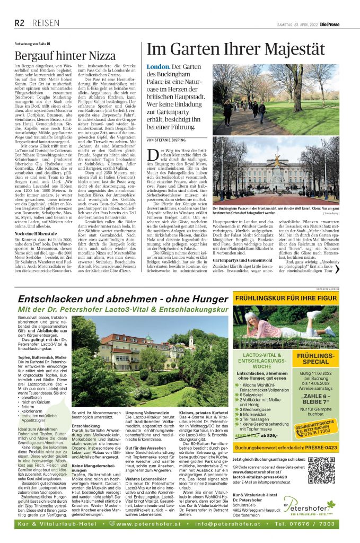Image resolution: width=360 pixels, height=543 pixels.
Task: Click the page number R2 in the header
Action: point(19,22)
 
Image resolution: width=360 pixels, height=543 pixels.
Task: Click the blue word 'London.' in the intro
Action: point(158,67)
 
